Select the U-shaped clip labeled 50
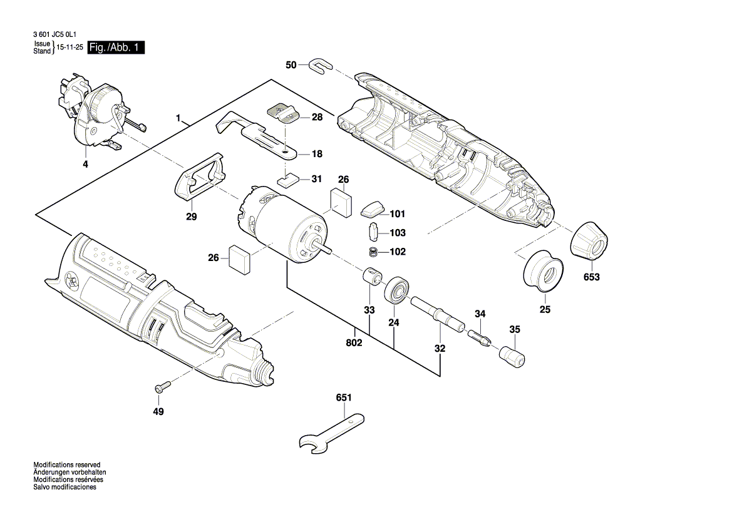320,64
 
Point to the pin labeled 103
373,232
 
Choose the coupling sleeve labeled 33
374,276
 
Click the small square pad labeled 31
287,180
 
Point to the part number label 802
354,342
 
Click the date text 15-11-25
70,48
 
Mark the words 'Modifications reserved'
66,464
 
